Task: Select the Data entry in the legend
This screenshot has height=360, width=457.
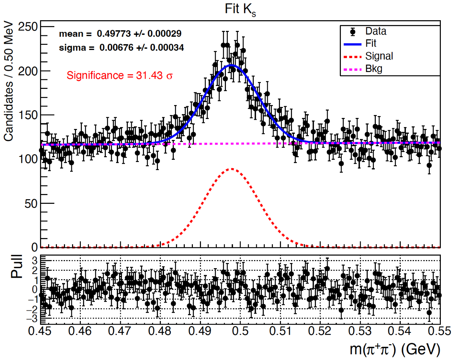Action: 375,31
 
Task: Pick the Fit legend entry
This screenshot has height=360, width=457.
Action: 371,44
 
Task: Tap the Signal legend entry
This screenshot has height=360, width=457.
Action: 379,56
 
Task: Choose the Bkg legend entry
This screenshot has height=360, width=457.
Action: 374,69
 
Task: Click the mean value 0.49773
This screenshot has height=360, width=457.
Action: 114,34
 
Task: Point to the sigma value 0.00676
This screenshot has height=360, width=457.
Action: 116,48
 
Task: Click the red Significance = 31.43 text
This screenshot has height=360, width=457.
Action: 119,76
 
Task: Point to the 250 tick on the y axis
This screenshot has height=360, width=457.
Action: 28,27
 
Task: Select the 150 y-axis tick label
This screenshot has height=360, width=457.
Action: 28,115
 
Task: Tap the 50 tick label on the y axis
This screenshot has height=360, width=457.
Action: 31,204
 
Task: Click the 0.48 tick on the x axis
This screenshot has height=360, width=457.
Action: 160,331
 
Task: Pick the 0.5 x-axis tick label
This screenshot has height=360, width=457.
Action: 240,331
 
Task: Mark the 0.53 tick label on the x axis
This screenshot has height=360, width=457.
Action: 360,331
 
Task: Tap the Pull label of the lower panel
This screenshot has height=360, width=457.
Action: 17,266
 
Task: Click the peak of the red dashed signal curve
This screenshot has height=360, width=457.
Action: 231,169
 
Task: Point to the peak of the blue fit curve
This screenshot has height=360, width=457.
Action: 231,65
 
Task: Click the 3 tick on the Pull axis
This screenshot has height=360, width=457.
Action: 35,261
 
